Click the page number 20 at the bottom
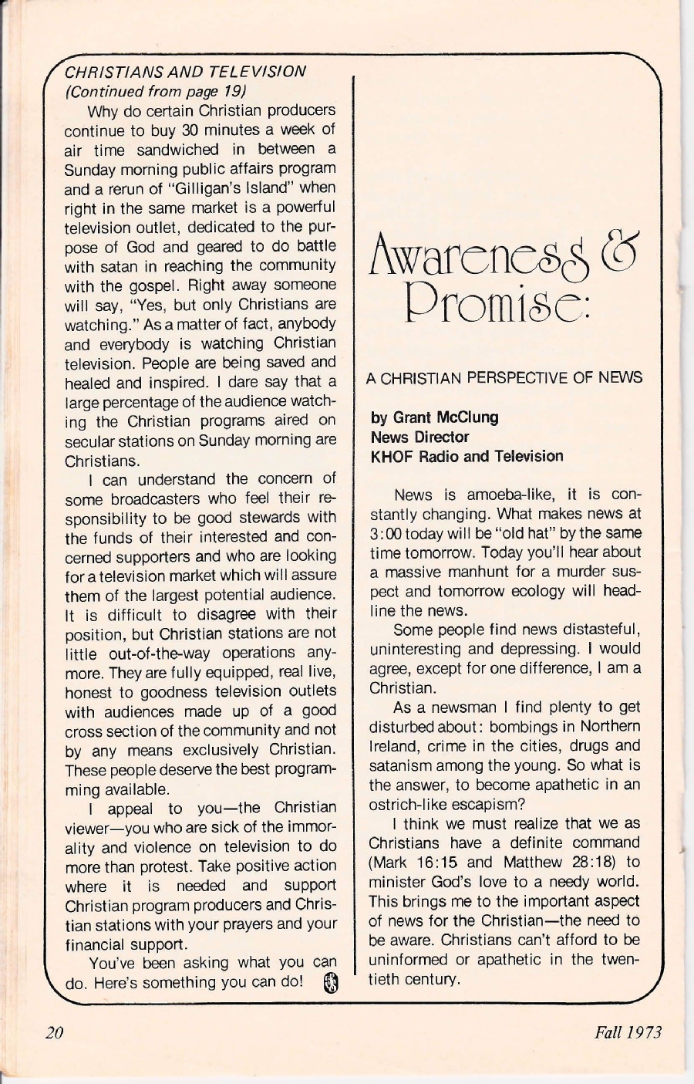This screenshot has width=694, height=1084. pyautogui.click(x=53, y=1033)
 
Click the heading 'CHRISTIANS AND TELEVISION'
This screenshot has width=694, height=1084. pyautogui.click(x=186, y=72)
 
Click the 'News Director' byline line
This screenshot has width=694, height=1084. pyautogui.click(x=420, y=437)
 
